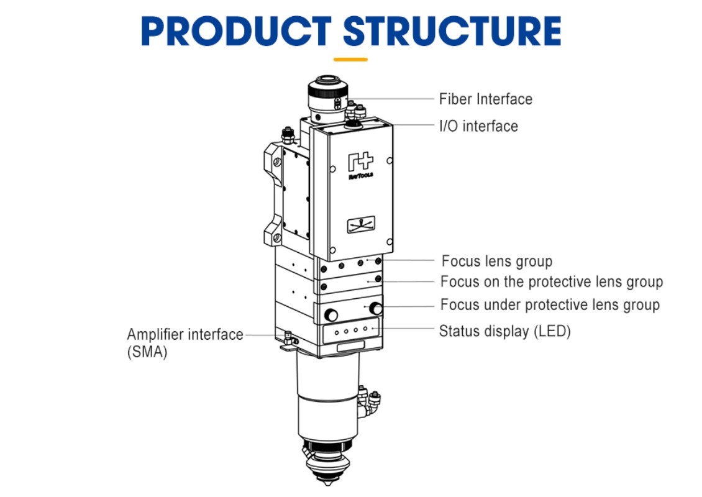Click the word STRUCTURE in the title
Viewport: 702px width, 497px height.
[452, 31]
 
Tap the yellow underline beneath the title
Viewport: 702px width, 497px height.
[350, 60]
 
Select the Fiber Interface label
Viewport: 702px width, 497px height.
[485, 99]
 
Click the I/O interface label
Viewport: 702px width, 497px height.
[478, 126]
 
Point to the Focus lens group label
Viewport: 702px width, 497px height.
[496, 262]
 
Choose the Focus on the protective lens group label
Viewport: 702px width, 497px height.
[551, 282]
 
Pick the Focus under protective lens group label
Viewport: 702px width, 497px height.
[549, 305]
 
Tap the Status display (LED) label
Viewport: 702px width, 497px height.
[504, 331]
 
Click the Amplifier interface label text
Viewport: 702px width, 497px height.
[185, 334]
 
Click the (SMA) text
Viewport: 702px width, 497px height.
[147, 353]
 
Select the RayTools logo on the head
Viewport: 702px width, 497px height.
[360, 165]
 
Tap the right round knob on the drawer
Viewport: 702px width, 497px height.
[375, 308]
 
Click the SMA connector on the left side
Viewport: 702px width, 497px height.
[287, 339]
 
